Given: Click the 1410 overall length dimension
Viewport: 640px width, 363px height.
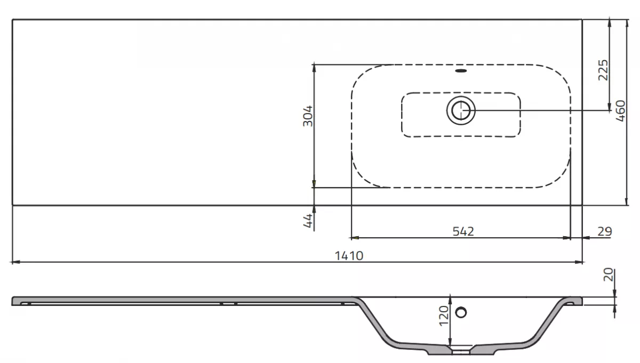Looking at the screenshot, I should (349, 255).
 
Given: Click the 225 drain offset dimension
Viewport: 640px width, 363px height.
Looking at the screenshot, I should (603, 69).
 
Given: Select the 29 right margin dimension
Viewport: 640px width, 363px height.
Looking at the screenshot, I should (604, 231).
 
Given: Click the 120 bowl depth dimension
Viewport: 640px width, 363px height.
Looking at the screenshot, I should (442, 317).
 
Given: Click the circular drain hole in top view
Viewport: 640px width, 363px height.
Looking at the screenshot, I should (460, 111).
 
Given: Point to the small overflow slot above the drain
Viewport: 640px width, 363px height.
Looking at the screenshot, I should (461, 70).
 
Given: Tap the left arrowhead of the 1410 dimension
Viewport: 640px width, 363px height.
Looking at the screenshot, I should (14, 262).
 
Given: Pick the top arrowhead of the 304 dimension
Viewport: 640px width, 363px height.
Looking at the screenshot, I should (314, 66).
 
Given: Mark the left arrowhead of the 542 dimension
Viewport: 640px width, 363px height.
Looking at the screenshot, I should (353, 238).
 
